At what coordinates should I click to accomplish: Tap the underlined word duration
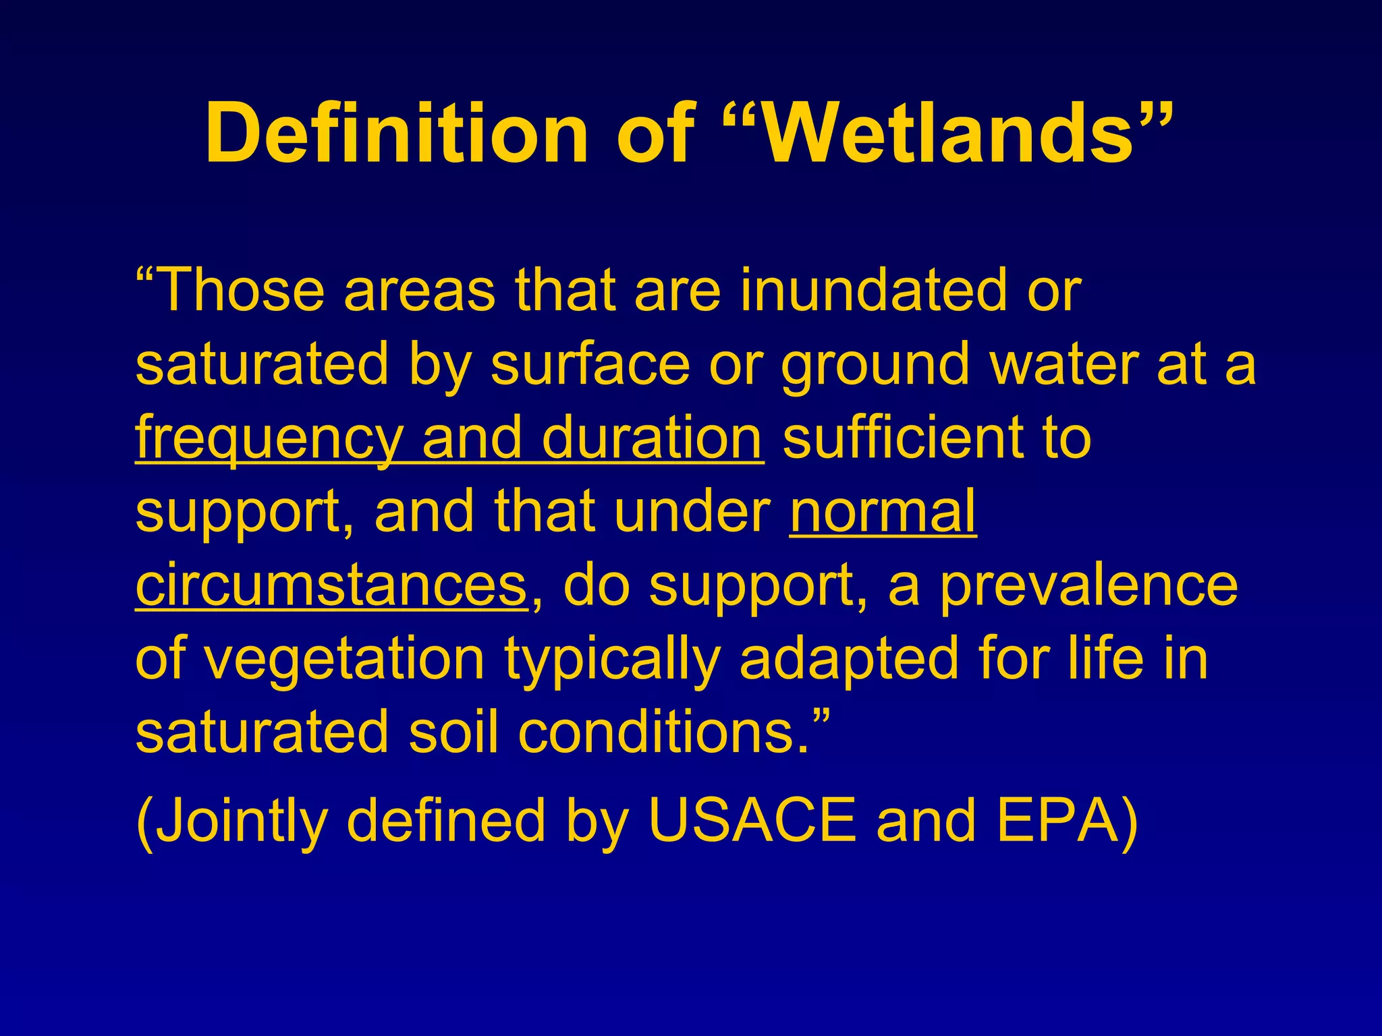coord(652,438)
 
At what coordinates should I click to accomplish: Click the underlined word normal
coord(883,512)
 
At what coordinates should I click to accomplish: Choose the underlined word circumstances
coord(331,585)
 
